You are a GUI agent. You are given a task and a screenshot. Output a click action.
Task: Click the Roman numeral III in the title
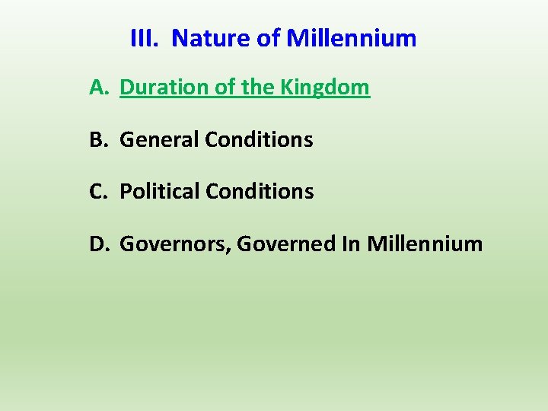144,38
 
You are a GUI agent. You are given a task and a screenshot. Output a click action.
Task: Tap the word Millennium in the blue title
351,38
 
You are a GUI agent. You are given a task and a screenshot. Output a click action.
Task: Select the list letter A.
98,88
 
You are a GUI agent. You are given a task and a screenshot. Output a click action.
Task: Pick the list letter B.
97,140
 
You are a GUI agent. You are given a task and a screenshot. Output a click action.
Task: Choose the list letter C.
97,192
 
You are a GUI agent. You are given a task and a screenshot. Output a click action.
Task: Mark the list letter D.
99,244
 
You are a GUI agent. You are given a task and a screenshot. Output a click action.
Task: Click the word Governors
176,244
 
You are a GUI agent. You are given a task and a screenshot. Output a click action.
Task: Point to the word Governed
285,244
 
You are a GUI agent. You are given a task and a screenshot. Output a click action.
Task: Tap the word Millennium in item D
425,244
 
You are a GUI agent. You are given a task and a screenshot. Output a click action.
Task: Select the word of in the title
270,38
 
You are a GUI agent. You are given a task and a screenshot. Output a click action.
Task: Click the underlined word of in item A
225,88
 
